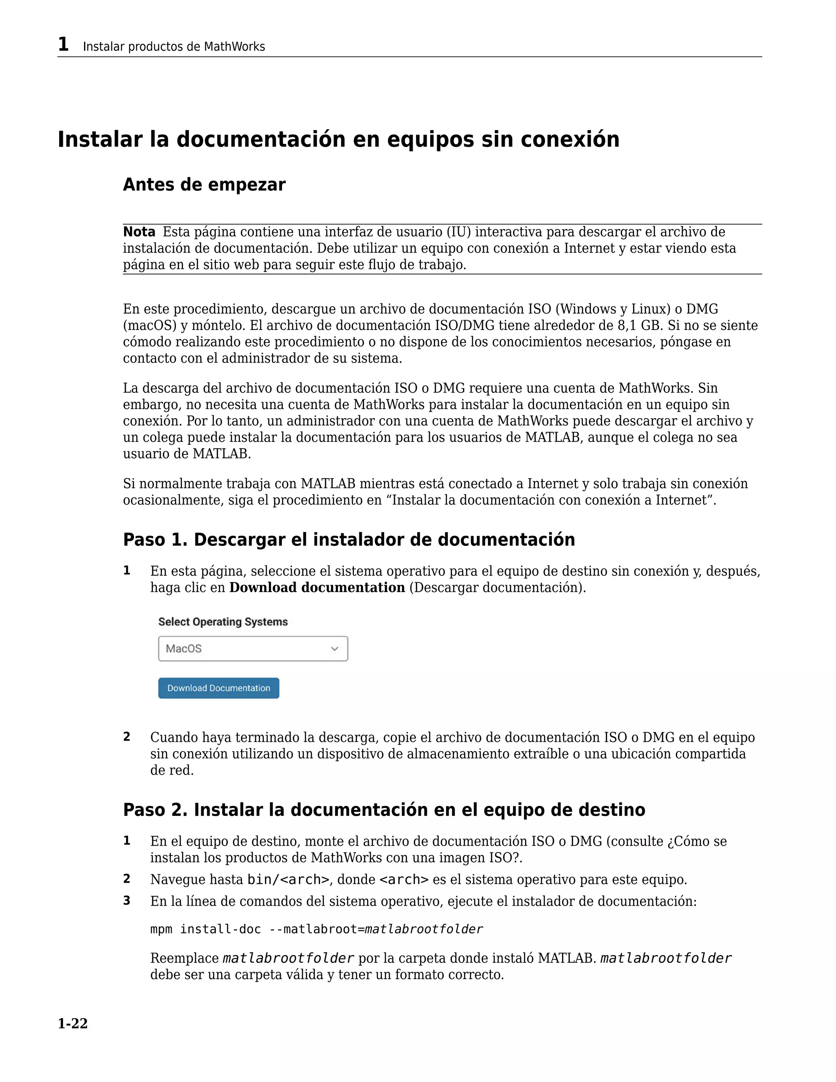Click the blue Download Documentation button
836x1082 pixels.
[218, 688]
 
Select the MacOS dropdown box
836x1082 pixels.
[253, 648]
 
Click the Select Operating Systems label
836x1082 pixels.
[223, 622]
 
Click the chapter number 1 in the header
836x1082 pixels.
[63, 45]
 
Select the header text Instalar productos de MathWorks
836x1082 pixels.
[174, 47]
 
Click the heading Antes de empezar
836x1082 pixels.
[204, 185]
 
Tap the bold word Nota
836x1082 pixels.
[139, 232]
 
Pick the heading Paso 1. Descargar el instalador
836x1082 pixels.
[349, 539]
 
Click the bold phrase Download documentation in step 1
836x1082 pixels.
[317, 588]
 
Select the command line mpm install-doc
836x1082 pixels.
[316, 929]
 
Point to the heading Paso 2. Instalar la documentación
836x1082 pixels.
[384, 810]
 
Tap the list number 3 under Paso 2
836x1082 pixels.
[127, 901]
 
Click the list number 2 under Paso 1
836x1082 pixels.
[127, 737]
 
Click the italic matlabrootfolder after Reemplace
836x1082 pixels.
[288, 958]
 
